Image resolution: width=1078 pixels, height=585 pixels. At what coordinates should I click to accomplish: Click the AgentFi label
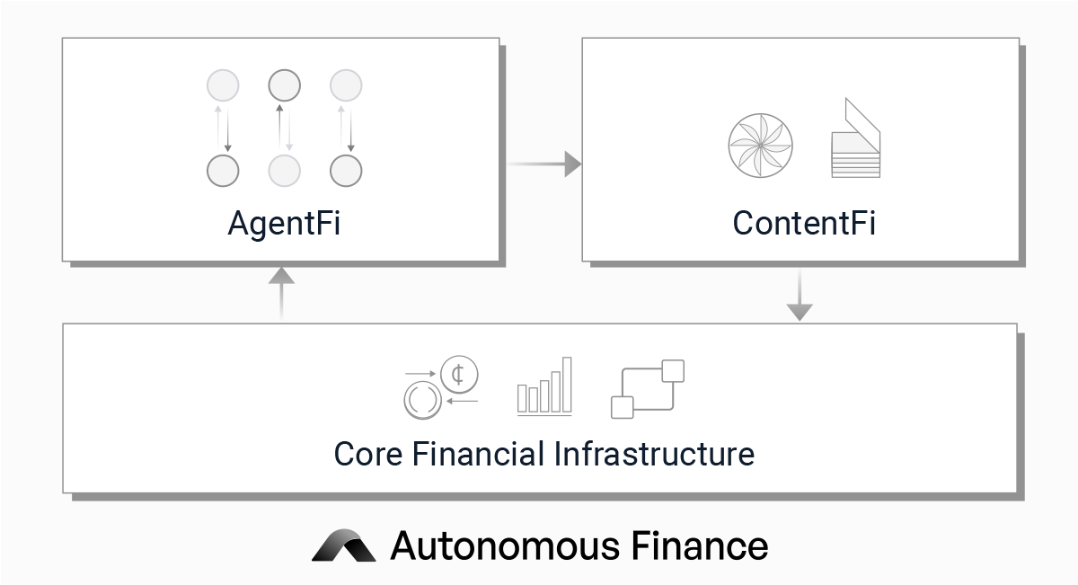click(284, 223)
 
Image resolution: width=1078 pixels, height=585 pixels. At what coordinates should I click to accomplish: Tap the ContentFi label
click(804, 223)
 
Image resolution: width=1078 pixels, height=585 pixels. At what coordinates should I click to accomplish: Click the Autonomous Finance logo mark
click(344, 545)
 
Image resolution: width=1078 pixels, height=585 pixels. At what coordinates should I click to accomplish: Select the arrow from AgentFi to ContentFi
click(543, 164)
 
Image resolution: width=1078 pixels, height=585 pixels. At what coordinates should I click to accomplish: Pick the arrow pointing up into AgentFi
click(282, 292)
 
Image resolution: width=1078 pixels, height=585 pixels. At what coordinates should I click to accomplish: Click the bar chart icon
click(544, 388)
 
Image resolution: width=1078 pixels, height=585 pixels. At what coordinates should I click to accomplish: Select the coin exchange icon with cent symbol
click(440, 387)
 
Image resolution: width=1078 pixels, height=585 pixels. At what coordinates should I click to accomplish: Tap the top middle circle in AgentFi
click(284, 86)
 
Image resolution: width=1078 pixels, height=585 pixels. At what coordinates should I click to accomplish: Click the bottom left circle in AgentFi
click(223, 170)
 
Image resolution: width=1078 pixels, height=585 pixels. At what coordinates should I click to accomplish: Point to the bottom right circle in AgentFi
click(346, 170)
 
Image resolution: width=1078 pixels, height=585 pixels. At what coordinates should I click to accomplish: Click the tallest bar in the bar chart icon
click(567, 386)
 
